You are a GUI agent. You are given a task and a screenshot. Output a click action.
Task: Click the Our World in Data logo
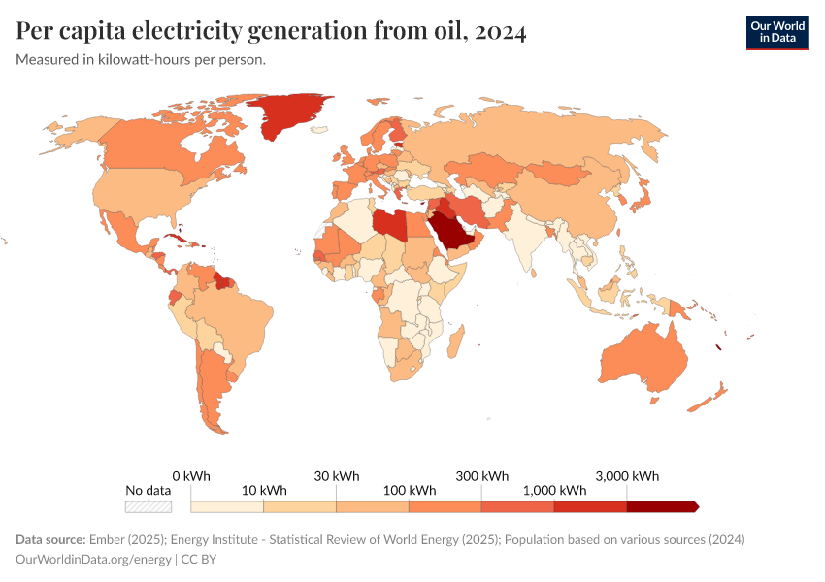coord(776,32)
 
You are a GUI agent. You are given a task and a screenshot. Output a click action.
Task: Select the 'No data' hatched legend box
coord(148,506)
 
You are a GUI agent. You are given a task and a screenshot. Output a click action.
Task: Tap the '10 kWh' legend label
coord(263,490)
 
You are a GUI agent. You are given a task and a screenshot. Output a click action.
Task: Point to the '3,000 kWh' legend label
coord(627,475)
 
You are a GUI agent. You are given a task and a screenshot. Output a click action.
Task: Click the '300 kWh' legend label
coord(482,475)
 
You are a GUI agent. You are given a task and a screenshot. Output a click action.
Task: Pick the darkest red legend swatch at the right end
coord(662,506)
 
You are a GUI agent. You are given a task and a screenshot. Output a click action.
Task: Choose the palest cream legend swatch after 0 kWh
coord(227,506)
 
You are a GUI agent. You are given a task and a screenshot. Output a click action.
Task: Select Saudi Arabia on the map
coord(452,233)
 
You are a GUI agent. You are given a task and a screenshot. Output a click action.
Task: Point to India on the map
coord(525,242)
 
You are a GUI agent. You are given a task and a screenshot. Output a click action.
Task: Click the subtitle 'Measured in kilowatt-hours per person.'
coord(141,59)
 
